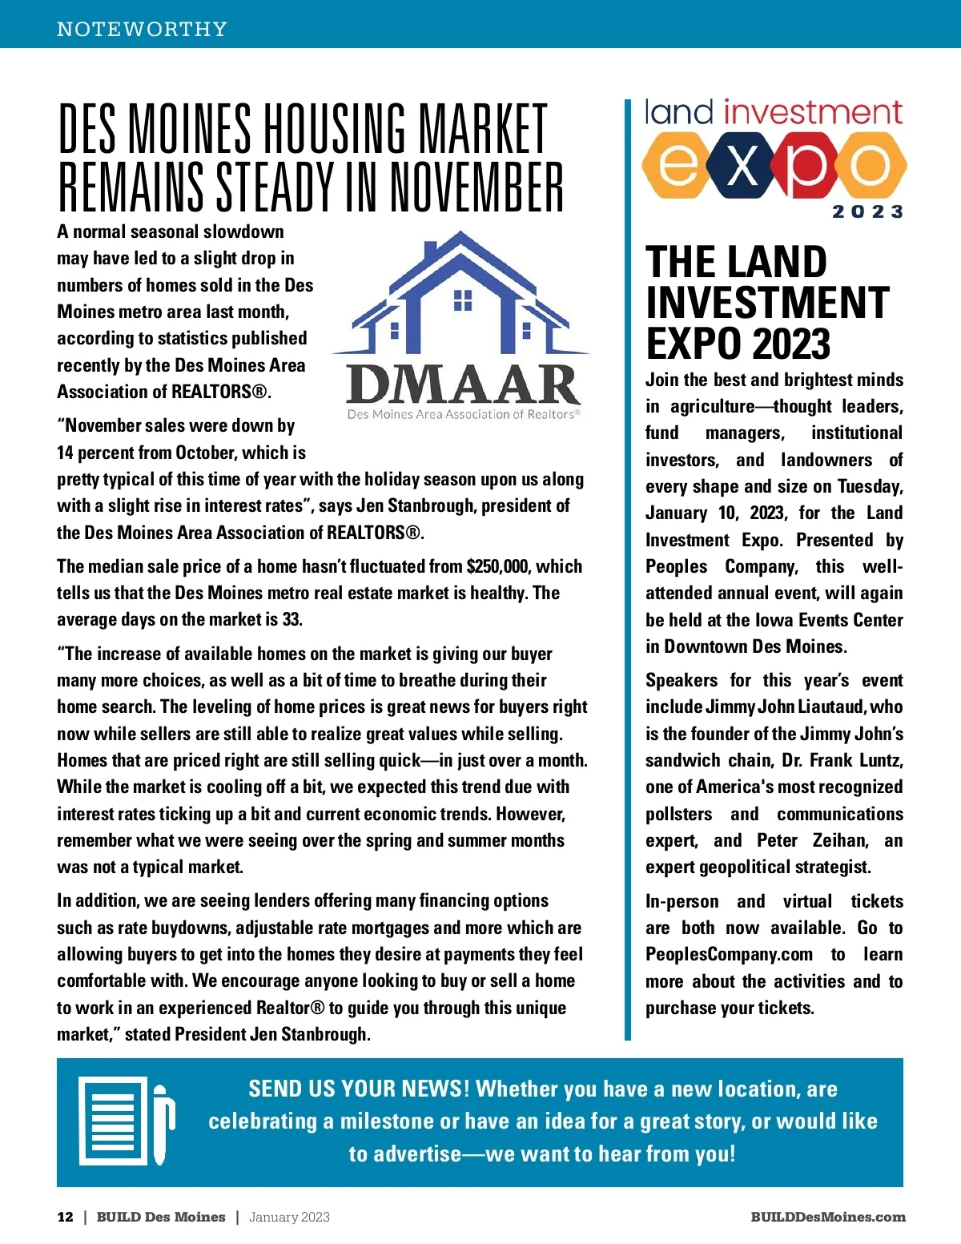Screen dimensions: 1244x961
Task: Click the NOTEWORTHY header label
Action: [142, 30]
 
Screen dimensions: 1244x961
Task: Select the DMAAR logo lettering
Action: [464, 384]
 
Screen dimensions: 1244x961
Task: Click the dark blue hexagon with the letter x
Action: [742, 166]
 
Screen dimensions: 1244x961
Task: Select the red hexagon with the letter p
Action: [802, 166]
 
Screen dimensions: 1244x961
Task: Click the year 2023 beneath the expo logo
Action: [867, 212]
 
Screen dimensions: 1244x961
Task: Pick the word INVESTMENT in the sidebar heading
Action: [767, 303]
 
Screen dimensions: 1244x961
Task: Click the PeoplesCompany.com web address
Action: [729, 955]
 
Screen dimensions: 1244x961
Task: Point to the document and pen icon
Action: [126, 1121]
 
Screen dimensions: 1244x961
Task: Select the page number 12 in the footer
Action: [65, 1217]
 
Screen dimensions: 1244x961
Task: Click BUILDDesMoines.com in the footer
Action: [827, 1217]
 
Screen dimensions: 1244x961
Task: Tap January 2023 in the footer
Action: [289, 1217]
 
